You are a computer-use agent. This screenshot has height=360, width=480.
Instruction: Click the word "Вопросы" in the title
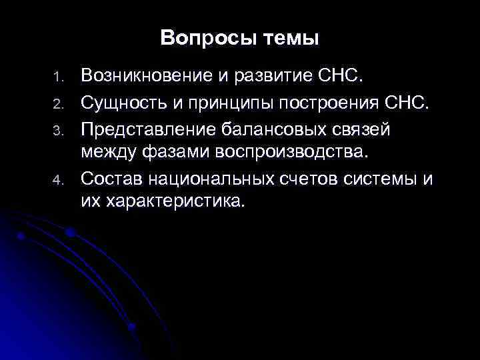200,38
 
